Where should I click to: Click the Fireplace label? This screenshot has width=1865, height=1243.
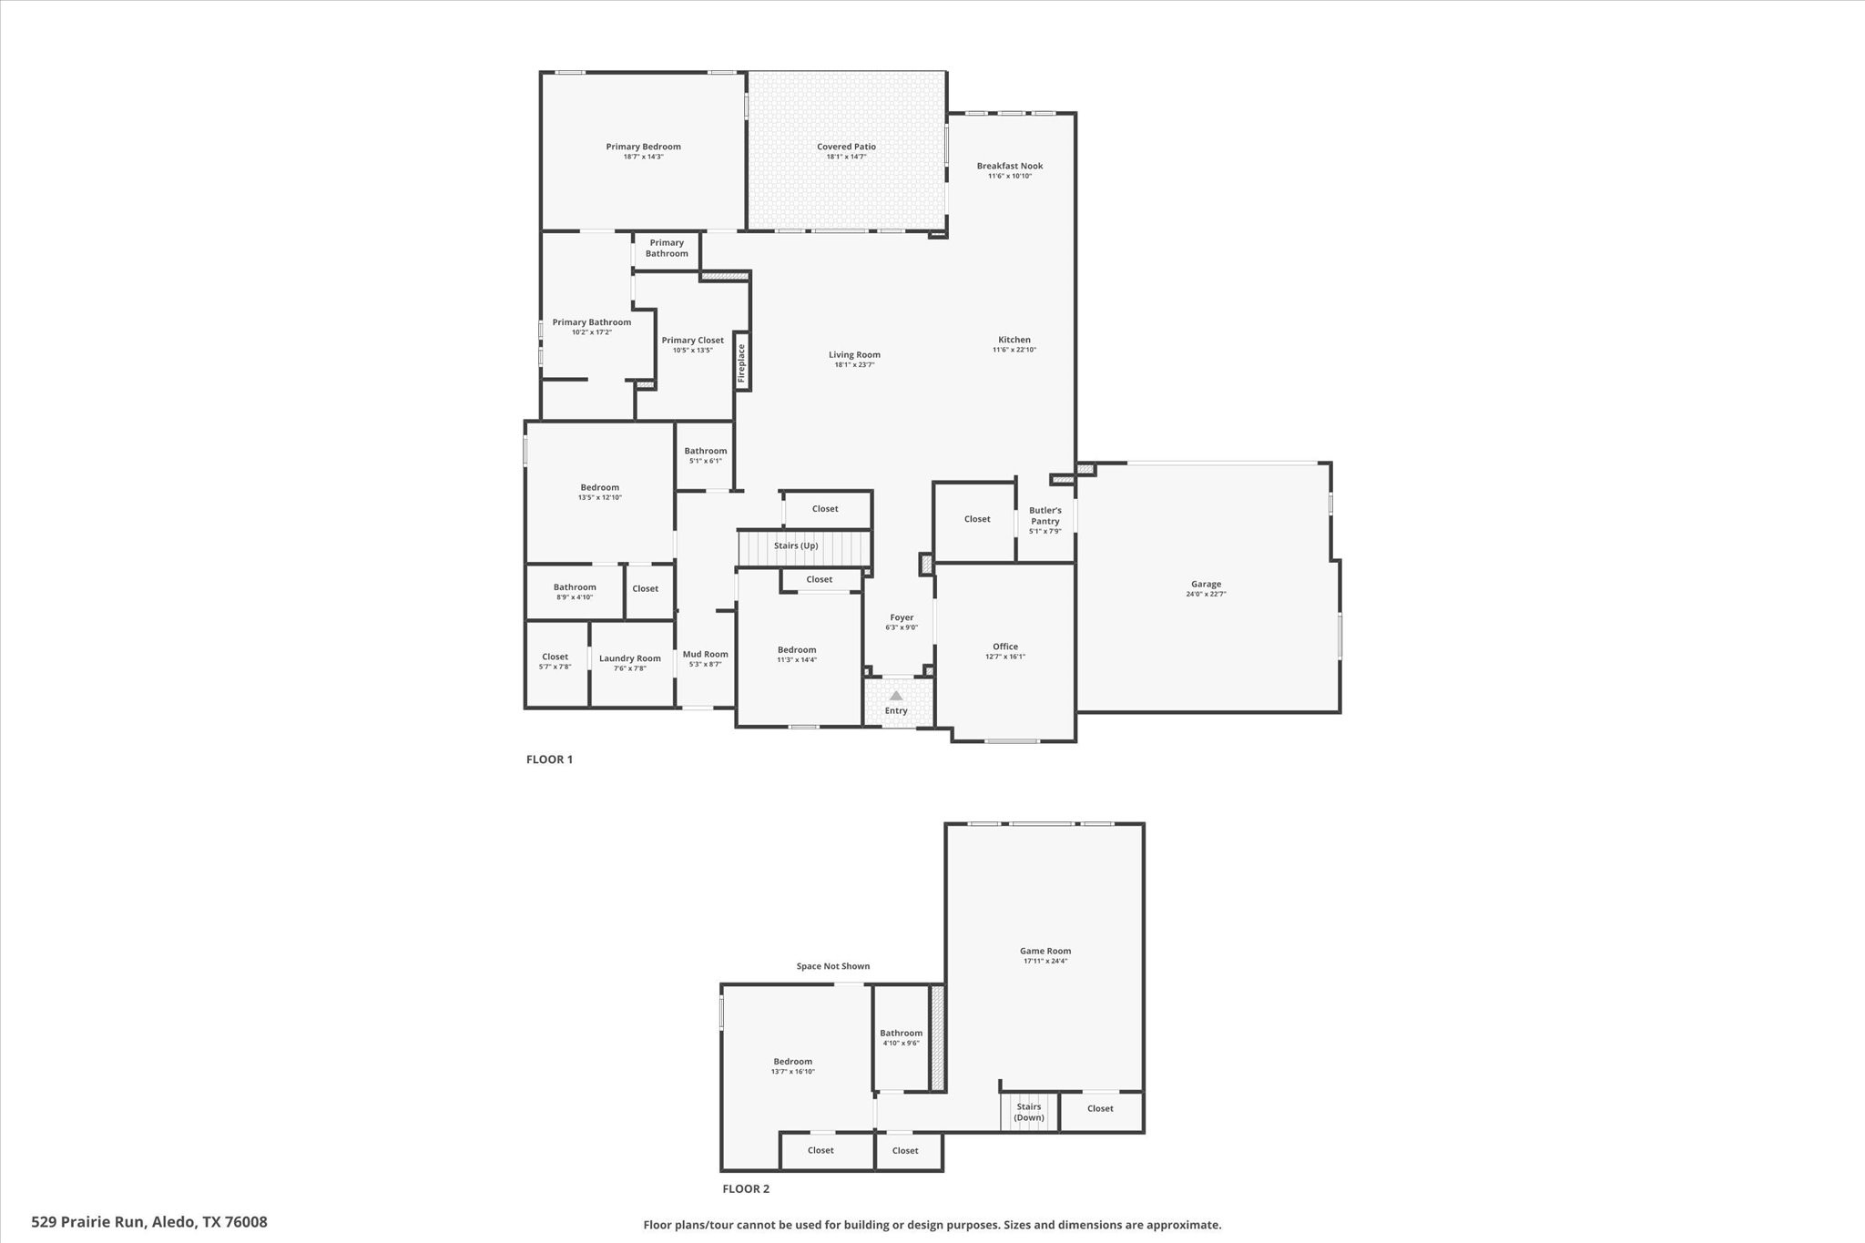[x=741, y=362]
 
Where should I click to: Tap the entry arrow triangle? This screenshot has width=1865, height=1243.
[x=896, y=696]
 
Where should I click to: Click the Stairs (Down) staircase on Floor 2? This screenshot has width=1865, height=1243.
[x=1029, y=1112]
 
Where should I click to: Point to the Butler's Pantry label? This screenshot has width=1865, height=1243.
[x=1045, y=515]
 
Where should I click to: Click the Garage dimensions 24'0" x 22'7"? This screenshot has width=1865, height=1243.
[x=1206, y=594]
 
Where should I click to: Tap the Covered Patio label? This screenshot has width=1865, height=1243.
[x=846, y=147]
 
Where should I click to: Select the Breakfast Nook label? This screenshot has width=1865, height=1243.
[x=1010, y=166]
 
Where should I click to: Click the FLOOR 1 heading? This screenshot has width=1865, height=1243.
[x=549, y=759]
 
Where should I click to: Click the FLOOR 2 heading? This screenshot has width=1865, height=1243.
[x=746, y=1188]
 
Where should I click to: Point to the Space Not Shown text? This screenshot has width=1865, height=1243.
[x=832, y=966]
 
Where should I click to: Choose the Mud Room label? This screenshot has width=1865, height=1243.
[x=706, y=654]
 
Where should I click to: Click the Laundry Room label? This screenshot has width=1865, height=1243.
[x=630, y=658]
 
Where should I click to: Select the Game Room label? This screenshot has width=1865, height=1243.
[x=1045, y=951]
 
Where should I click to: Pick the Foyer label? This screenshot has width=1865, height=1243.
[x=902, y=617]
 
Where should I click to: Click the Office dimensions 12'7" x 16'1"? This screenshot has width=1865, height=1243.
[x=1005, y=657]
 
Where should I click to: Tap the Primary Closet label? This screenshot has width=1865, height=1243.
[x=693, y=341]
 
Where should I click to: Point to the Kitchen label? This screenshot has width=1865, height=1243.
[x=1014, y=340]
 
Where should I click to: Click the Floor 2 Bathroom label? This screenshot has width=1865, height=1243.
[x=901, y=1033]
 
